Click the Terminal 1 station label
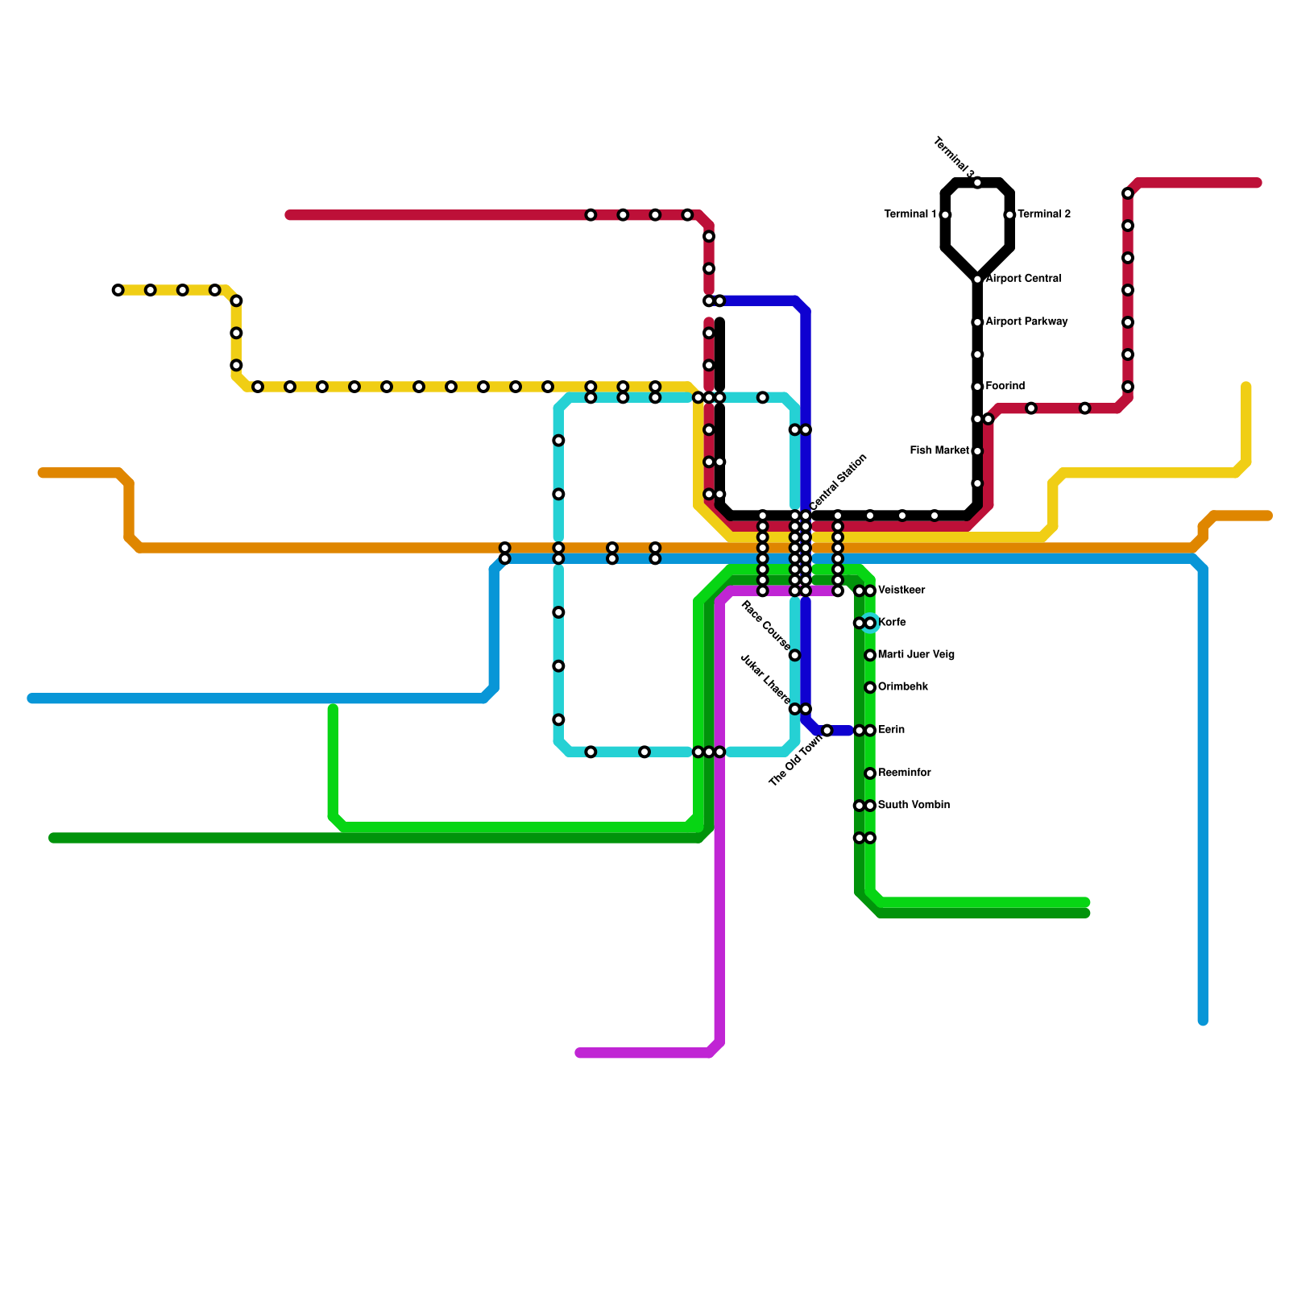910,214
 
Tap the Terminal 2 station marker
1009,215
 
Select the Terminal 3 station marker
977,183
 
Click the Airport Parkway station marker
977,322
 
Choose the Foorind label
1005,387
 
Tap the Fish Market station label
939,451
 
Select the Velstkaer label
901,591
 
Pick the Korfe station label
892,623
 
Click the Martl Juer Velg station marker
870,655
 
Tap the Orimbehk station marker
870,687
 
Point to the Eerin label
891,730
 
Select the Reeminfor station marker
870,773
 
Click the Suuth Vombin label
914,806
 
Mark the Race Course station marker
794,655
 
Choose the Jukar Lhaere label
765,678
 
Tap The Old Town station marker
827,731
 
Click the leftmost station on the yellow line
118,290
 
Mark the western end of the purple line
580,1053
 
